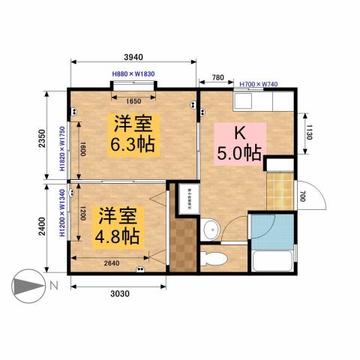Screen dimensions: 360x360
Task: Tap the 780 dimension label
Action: tap(217, 77)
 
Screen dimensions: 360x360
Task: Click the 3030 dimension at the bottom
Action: tap(118, 293)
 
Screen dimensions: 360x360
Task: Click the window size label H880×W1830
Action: tap(133, 73)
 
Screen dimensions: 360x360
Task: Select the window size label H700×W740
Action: tap(259, 84)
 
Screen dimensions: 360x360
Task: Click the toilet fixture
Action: tap(215, 259)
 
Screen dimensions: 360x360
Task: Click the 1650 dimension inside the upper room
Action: tap(133, 102)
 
